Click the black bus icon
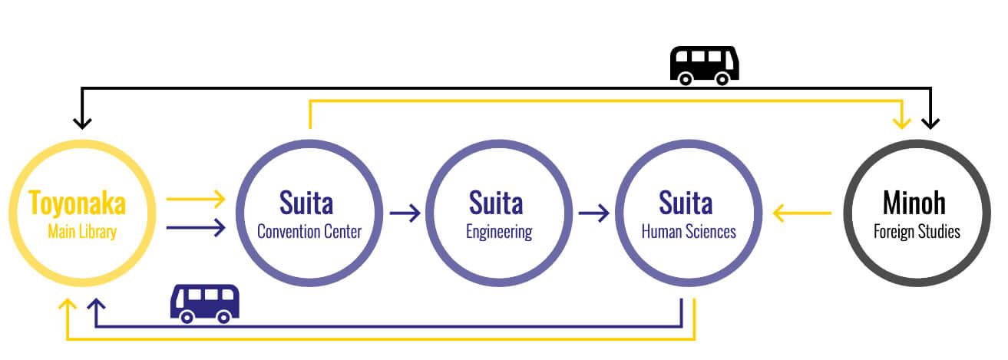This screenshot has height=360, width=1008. (x=704, y=64)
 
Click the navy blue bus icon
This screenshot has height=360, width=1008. (x=204, y=302)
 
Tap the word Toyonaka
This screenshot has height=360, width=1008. (x=77, y=203)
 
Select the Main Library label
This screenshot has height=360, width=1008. (x=81, y=232)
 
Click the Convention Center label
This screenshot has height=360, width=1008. (x=309, y=232)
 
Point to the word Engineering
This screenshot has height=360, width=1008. (x=499, y=232)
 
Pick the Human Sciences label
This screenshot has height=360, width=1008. (x=689, y=232)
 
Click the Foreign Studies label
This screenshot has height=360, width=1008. (x=917, y=232)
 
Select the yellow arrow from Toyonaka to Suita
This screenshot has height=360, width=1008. (x=196, y=200)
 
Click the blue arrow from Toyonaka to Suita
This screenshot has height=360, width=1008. (x=196, y=226)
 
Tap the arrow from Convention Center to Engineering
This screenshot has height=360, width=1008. (x=405, y=213)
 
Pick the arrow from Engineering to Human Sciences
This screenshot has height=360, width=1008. (x=594, y=213)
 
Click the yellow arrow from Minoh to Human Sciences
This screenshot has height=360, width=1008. (x=802, y=213)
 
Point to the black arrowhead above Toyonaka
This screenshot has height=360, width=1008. (x=81, y=121)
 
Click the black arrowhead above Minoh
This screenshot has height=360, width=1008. (x=930, y=121)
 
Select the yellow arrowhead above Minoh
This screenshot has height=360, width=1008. (x=903, y=121)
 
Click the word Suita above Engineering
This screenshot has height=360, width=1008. (x=496, y=203)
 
